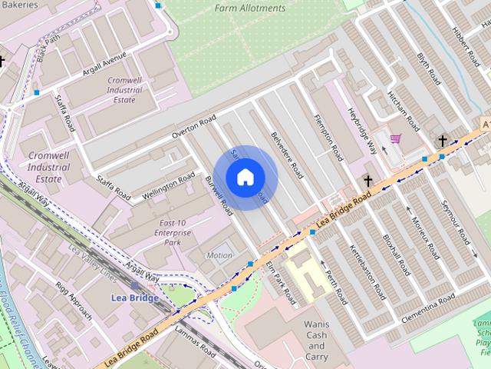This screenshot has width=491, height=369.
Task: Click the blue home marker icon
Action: [245, 178]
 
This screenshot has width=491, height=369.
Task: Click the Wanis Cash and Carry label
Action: [317, 341]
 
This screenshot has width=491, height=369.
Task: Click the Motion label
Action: [219, 255]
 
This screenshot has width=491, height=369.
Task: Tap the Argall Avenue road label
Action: [104, 68]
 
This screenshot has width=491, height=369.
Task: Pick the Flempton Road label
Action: [328, 135]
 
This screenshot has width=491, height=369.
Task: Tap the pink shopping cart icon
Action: [396, 139]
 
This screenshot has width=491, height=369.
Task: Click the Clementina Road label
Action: [426, 303]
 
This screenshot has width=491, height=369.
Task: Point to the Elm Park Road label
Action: [280, 283]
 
